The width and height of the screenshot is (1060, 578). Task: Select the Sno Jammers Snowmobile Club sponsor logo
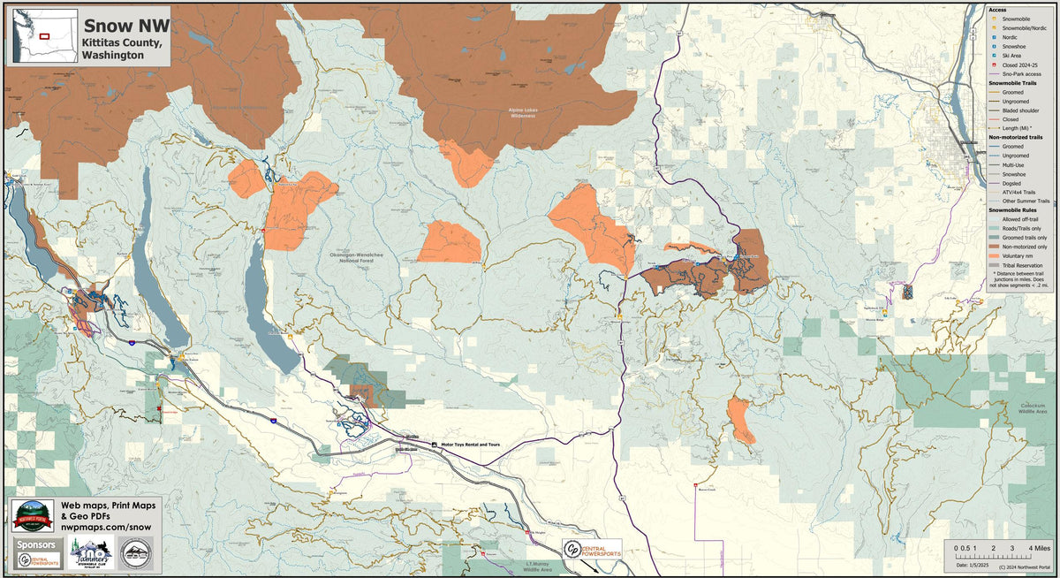pyautogui.click(x=93, y=553)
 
